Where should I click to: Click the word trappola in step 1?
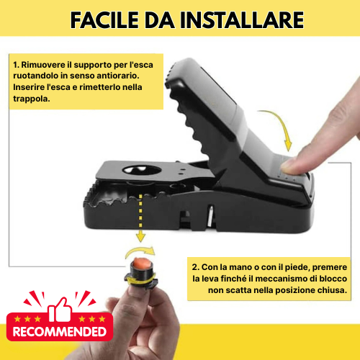[31, 99]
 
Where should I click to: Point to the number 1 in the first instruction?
[15, 63]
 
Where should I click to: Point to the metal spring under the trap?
[209, 213]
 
